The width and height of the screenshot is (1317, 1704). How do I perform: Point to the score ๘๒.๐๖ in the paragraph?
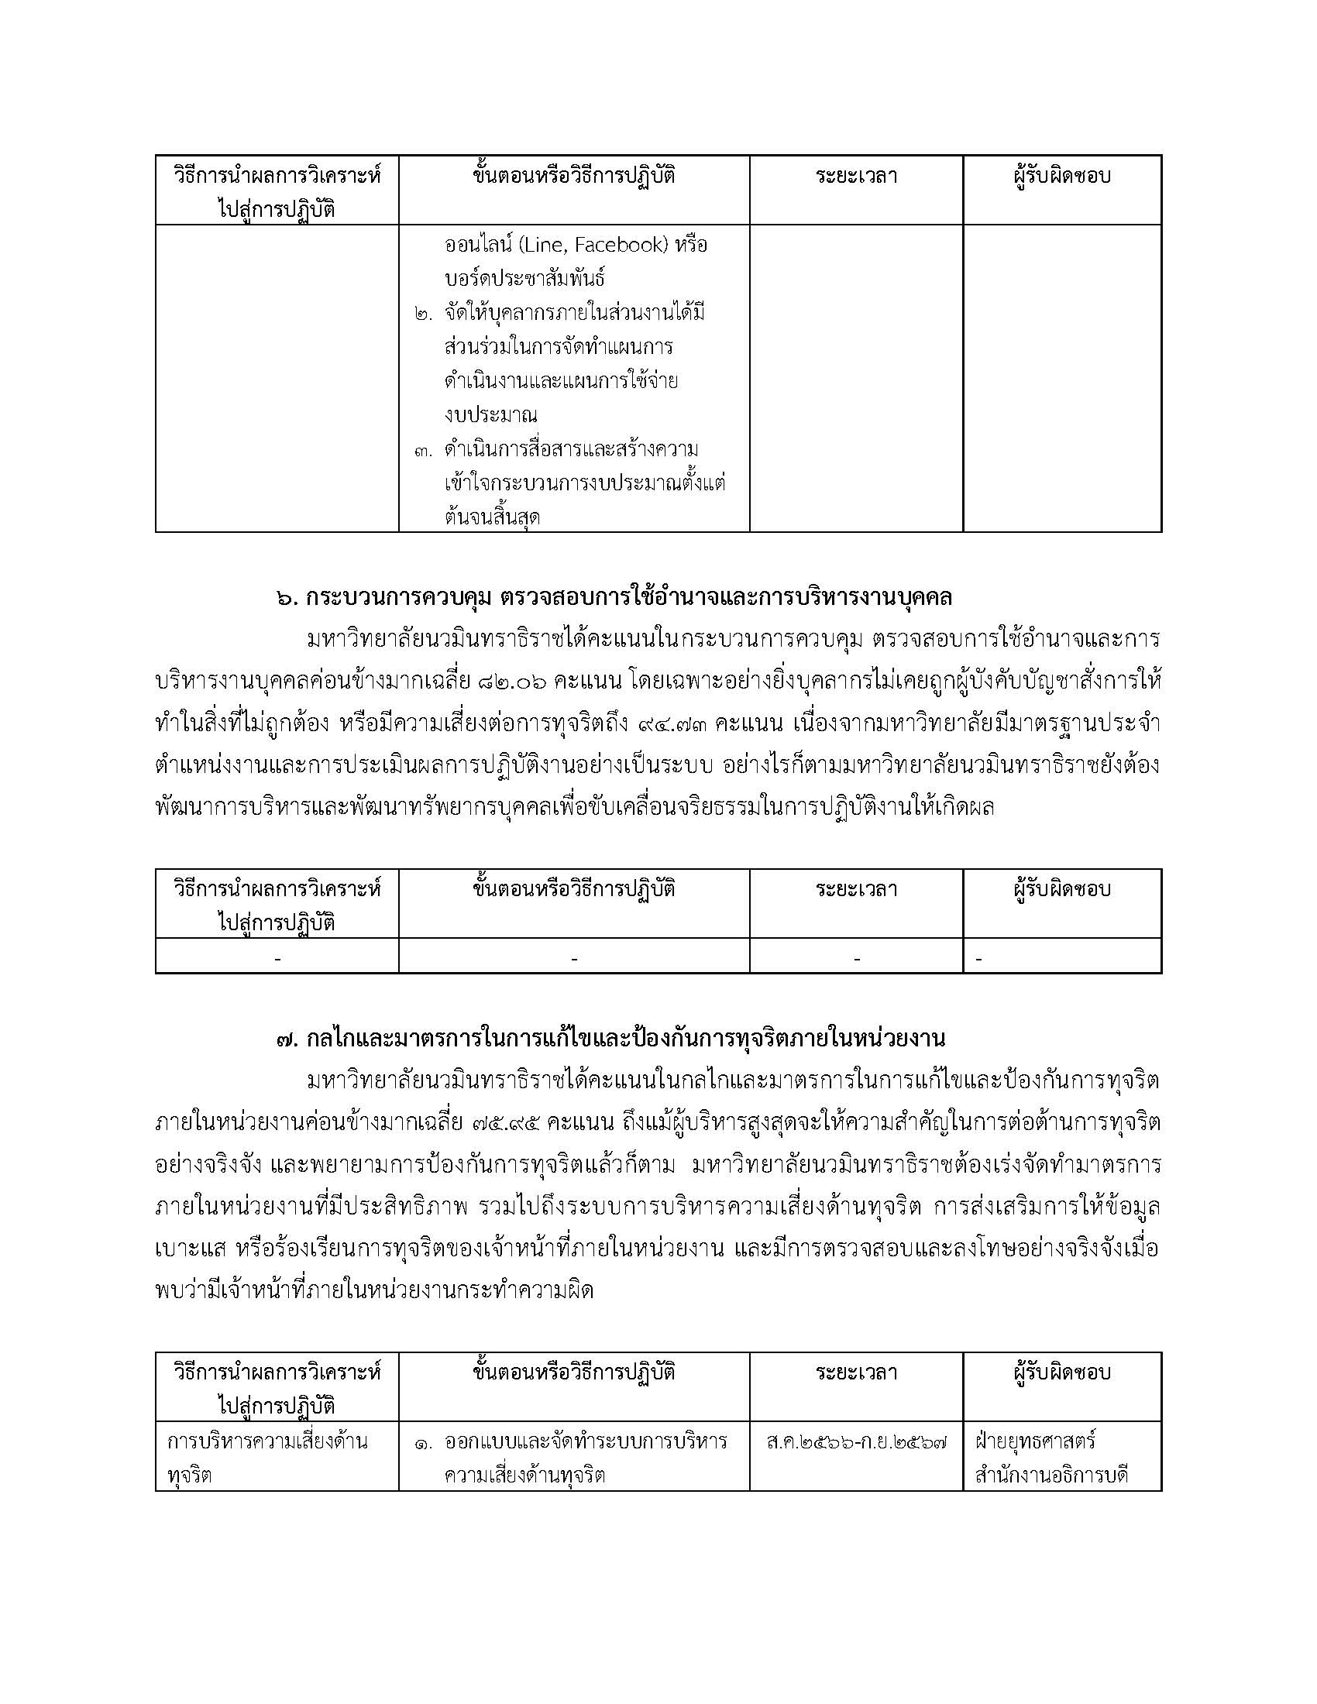510,681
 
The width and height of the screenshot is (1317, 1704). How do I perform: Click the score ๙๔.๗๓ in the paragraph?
672,723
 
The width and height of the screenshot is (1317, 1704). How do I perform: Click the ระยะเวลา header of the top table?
856,177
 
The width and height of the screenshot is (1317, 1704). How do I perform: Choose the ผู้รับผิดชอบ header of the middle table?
1061,888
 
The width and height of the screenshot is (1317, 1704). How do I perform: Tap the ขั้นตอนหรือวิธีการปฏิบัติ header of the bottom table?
573,1372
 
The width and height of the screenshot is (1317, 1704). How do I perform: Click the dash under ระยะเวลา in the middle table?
857,957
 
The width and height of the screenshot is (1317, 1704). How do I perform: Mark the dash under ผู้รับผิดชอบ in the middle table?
978,957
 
